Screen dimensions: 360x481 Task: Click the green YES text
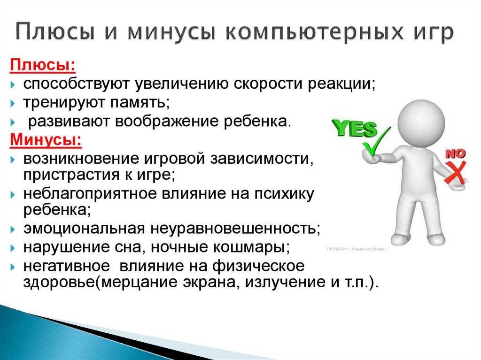355,128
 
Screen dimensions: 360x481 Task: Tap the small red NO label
455,153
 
